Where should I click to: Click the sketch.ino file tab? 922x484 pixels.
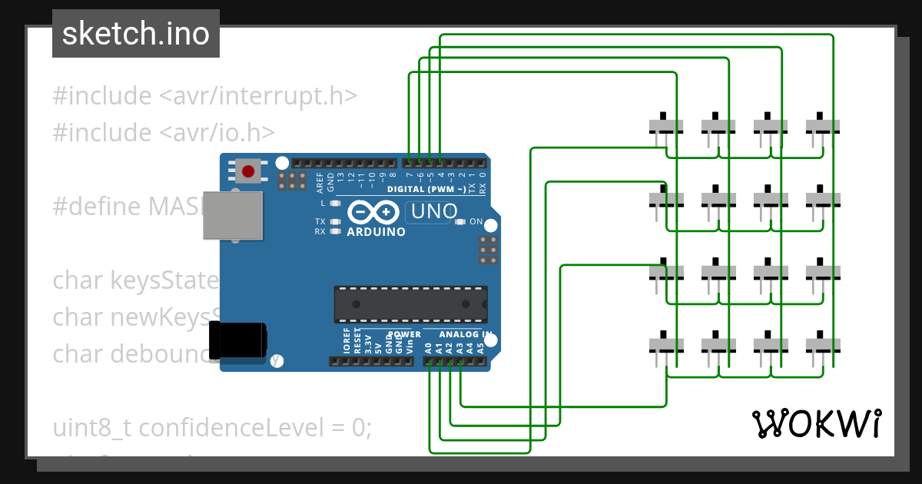click(136, 34)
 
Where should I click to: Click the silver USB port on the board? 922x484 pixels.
click(231, 216)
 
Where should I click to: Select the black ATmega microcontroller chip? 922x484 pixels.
click(410, 303)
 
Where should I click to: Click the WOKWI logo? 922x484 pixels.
click(816, 423)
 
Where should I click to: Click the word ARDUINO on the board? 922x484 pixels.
click(376, 231)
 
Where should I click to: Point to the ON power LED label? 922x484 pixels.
click(476, 222)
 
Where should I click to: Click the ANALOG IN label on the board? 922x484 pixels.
click(466, 334)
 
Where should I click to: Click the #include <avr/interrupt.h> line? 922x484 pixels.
click(204, 96)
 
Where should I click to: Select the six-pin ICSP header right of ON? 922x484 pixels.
click(486, 250)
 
